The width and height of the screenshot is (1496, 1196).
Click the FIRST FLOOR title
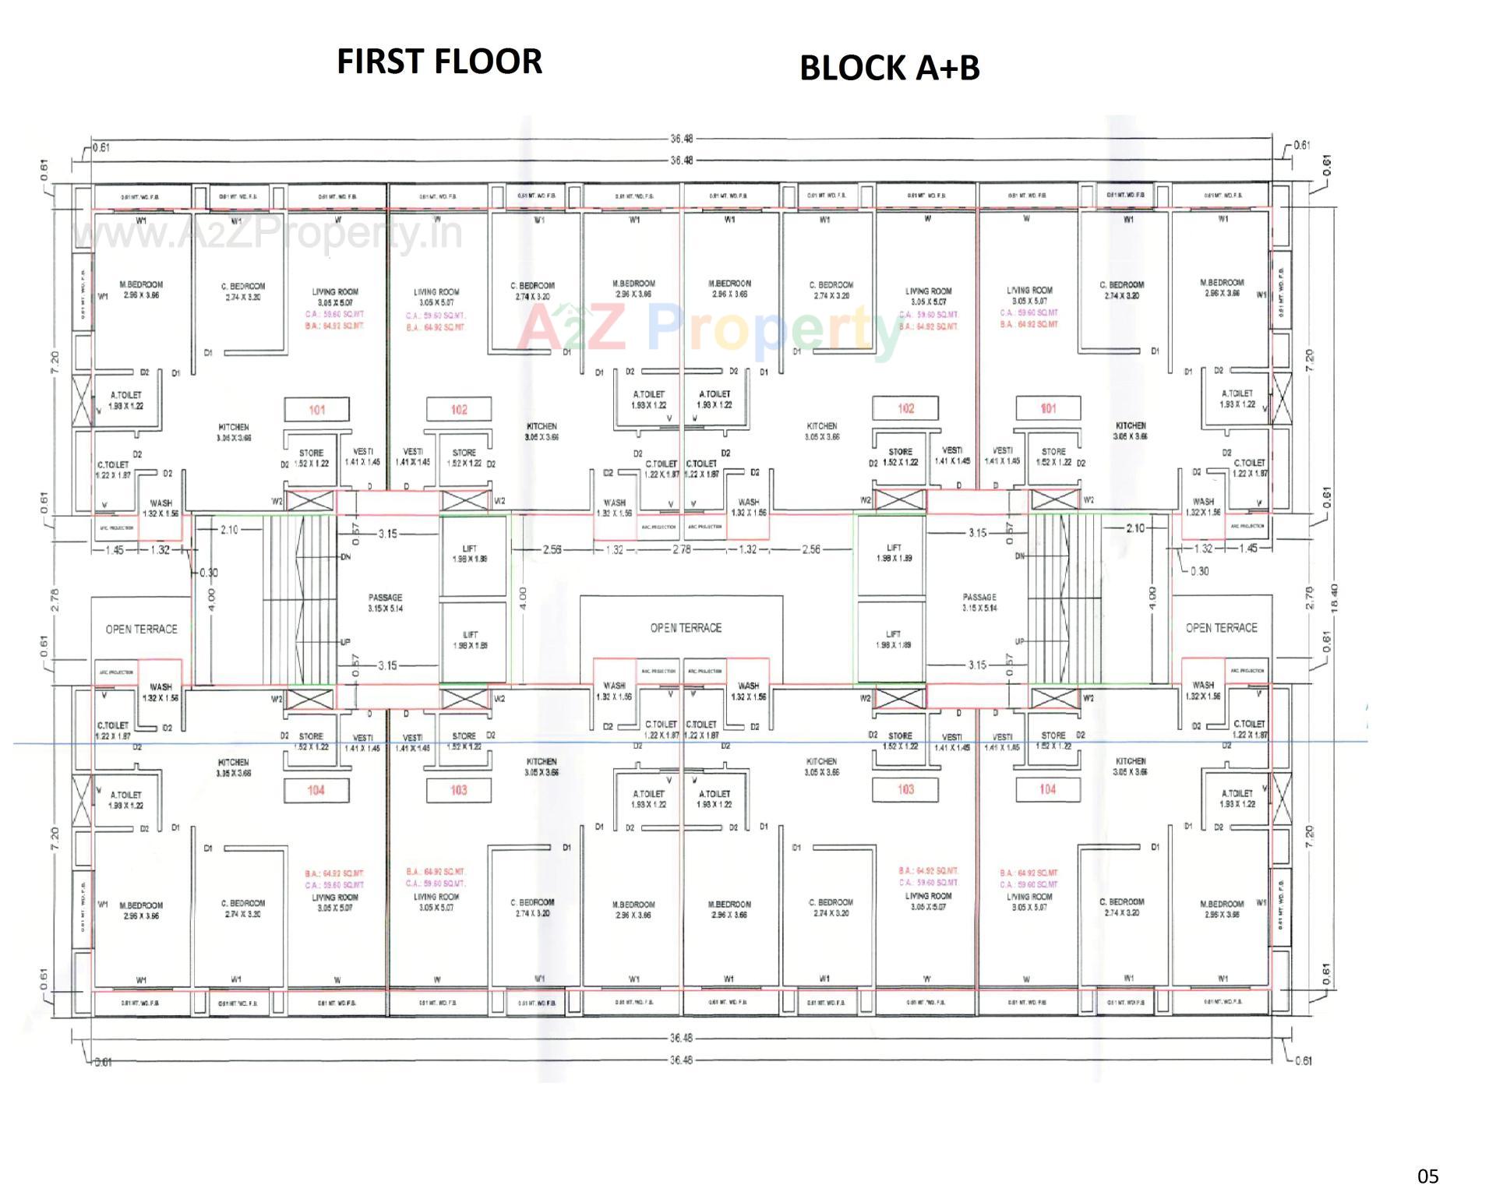(439, 62)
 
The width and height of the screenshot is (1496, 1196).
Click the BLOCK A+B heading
(889, 68)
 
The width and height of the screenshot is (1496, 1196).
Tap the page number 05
(1427, 1176)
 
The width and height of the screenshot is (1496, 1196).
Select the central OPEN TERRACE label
(686, 628)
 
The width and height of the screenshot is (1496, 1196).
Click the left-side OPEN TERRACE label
(141, 629)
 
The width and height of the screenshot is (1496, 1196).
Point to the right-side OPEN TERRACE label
(1221, 628)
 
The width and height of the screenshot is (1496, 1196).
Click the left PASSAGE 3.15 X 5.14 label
(385, 603)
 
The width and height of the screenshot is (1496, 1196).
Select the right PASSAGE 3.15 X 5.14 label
(979, 602)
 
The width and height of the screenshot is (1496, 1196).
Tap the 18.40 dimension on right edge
(1334, 598)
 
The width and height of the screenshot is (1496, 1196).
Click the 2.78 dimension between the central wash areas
(681, 549)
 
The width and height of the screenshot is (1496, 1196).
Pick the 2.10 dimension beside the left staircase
(228, 530)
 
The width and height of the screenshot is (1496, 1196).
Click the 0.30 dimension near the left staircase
(208, 573)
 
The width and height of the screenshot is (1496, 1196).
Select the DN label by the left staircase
(345, 557)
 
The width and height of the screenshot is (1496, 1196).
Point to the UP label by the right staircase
(1019, 642)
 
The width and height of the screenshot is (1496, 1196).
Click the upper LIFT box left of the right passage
(893, 553)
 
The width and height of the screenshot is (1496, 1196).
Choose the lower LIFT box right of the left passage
(470, 640)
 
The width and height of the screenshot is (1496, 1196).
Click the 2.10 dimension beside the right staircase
(1135, 528)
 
